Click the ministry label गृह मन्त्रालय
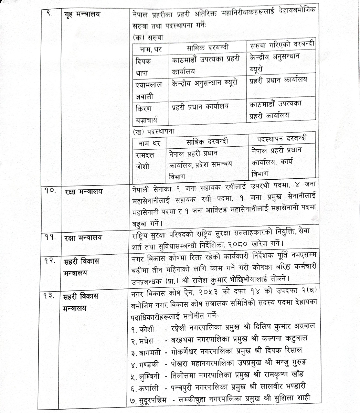84,16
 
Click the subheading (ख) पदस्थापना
153,131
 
